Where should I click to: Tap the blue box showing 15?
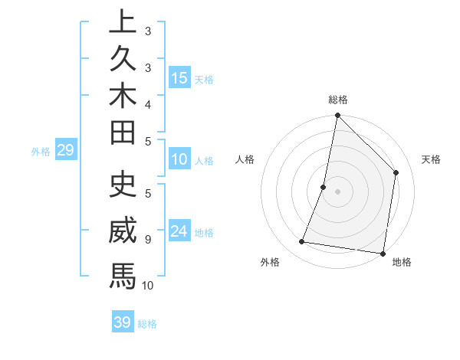(179, 77)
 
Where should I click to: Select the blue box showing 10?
(179, 159)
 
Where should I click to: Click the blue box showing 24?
(179, 231)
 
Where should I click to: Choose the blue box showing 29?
(65, 150)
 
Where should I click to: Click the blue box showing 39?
(122, 322)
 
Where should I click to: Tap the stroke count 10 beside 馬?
(148, 285)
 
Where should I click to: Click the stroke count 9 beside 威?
(148, 239)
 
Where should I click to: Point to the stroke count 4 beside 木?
(148, 103)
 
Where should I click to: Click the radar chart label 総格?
(338, 100)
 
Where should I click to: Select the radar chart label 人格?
(245, 159)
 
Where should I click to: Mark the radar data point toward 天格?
(396, 172)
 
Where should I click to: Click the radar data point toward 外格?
(302, 242)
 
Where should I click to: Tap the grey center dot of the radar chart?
(337, 191)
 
